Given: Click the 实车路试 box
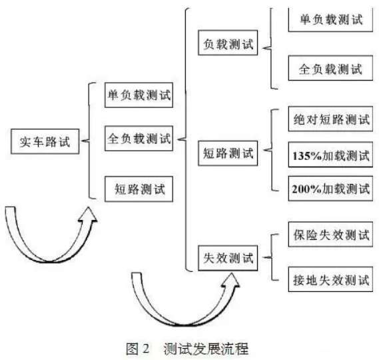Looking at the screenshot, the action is pos(45,141).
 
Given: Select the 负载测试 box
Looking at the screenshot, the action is pos(228,43).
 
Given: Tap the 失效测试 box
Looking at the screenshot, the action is pos(228,258).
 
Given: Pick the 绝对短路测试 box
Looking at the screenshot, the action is pos(330,119).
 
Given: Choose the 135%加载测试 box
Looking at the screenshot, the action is pos(330,155).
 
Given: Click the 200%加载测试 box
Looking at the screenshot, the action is pos(330,189).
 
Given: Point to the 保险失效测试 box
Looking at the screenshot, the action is pos(330,235).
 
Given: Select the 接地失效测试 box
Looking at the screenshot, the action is pos(330,279).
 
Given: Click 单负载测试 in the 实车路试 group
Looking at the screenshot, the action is pos(139,95).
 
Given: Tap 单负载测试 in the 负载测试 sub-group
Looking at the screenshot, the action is pos(330,20).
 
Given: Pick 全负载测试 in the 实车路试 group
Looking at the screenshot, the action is pos(139,139).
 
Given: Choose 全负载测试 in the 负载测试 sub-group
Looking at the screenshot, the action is pos(330,68).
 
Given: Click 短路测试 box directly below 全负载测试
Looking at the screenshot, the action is pos(139,189).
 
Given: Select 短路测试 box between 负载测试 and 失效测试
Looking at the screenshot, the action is pos(228,153).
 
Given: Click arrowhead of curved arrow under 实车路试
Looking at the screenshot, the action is pos(88,214).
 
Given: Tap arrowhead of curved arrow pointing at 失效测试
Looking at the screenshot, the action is pos(230,280).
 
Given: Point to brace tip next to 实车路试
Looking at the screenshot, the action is pos(82,141).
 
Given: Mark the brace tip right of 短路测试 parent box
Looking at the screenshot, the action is pos(264,150).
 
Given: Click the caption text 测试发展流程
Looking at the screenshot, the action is pos(206,349).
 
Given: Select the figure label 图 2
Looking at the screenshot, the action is pos(137,349).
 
